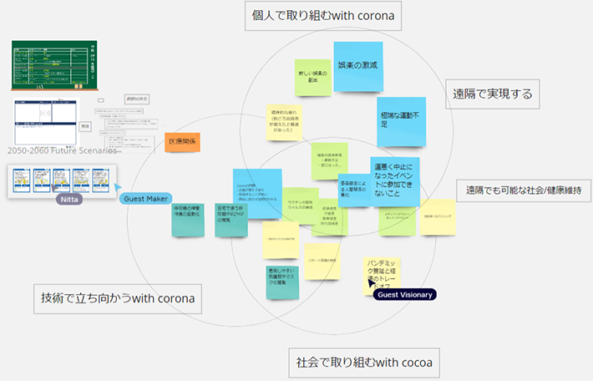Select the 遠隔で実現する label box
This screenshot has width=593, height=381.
click(492, 94)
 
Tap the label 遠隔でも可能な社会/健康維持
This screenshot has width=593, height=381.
click(524, 190)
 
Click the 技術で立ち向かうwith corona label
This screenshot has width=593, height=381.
click(118, 297)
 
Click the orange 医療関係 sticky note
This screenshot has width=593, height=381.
click(180, 142)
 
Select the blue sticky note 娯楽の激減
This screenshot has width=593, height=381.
click(357, 65)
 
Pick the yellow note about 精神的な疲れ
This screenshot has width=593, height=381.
click(286, 121)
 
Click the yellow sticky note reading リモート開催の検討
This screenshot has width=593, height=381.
click(322, 261)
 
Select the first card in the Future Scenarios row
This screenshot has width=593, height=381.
click(20, 180)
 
